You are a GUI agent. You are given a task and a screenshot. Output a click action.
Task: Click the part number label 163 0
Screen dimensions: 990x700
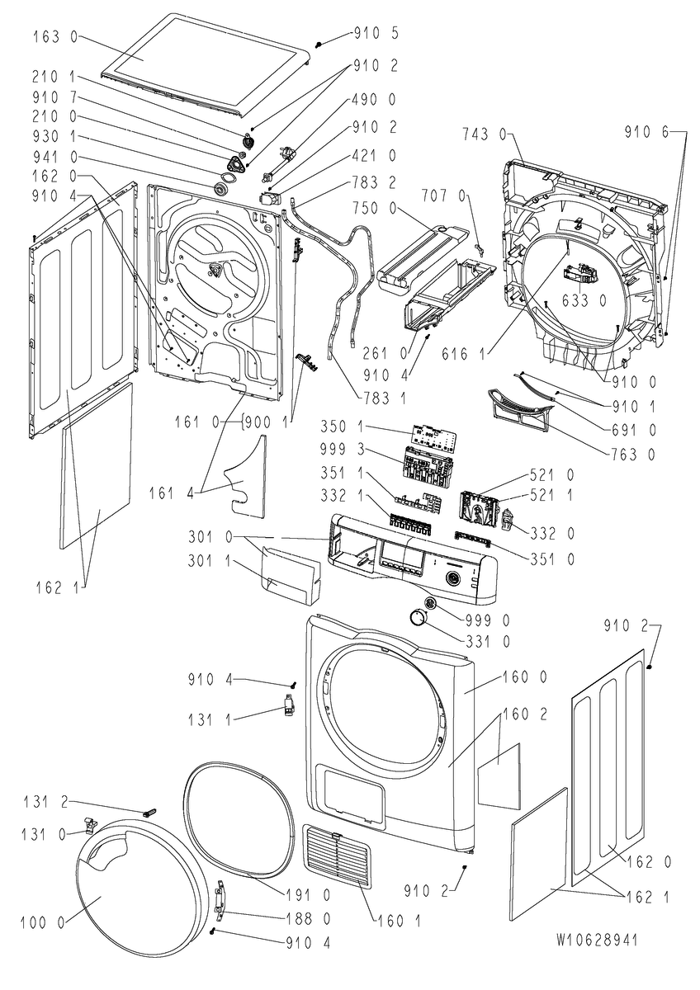pos(55,36)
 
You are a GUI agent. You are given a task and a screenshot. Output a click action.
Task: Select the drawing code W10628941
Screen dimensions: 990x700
pos(596,940)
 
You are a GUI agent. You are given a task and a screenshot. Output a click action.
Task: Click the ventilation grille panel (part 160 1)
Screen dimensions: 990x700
pos(335,858)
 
